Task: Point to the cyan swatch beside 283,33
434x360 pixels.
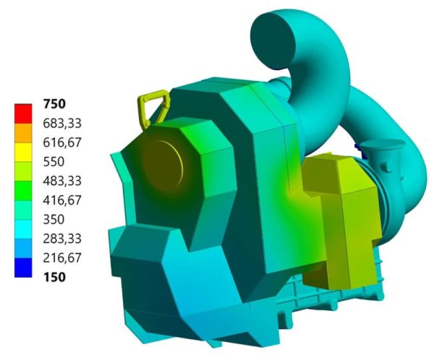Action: coord(24,228)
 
